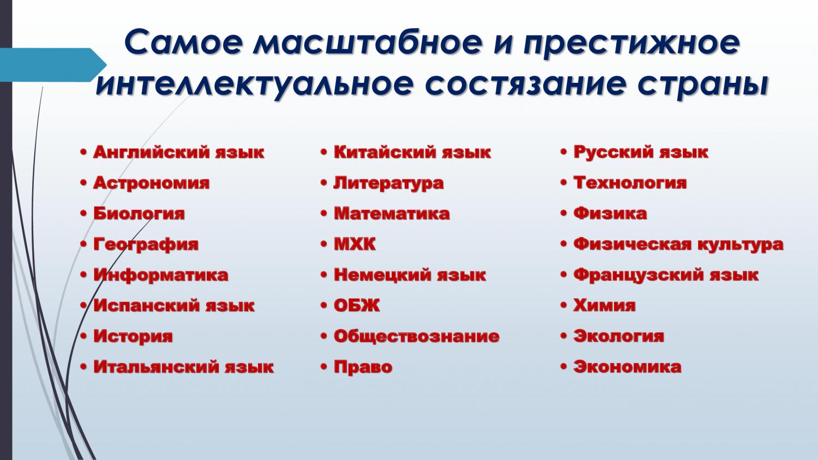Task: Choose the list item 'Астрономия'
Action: [x=151, y=183]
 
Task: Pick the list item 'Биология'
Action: [x=139, y=214]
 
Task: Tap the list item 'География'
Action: [x=146, y=245]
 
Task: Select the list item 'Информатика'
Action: [x=161, y=275]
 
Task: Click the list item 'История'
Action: [x=133, y=337]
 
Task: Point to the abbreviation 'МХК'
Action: [x=354, y=244]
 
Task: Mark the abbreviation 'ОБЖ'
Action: [x=357, y=306]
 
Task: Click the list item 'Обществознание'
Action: [x=416, y=337]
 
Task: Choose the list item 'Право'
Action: [x=363, y=367]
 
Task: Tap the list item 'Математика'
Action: [x=392, y=214]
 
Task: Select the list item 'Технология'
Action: [x=630, y=183]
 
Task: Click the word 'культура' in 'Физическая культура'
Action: [x=740, y=245]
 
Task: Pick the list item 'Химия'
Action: [x=604, y=306]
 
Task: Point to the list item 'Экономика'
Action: [x=627, y=367]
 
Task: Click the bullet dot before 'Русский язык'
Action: [x=563, y=152]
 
